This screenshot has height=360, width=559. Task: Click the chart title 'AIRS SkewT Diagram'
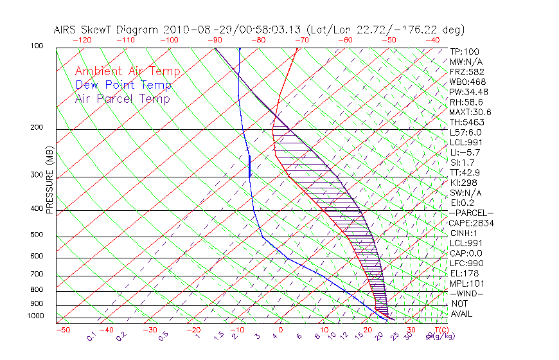click(x=107, y=30)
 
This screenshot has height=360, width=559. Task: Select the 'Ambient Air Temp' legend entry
click(x=127, y=71)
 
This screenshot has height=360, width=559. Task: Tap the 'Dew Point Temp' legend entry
click(x=123, y=85)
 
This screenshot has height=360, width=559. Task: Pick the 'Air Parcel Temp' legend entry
click(x=123, y=98)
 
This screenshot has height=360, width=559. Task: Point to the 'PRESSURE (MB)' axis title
click(x=49, y=184)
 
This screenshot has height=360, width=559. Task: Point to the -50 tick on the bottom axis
click(x=63, y=330)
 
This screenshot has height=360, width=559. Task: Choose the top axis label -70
click(x=302, y=39)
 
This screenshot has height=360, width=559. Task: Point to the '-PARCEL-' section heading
click(x=471, y=213)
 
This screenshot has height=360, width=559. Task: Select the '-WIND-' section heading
click(x=467, y=294)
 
